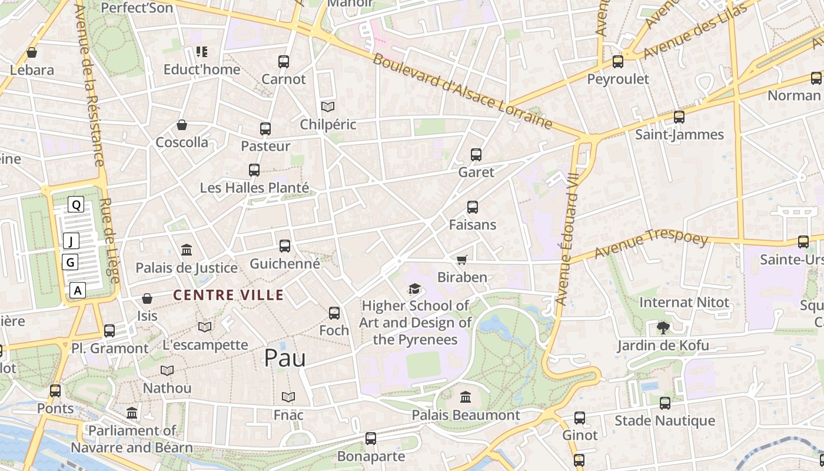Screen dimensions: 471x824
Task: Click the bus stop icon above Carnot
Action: (284, 61)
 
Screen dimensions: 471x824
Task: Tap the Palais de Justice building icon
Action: (187, 250)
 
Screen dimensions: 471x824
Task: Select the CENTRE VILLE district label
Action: (229, 295)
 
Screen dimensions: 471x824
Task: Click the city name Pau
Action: (285, 357)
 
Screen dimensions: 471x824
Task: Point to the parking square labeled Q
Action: (76, 205)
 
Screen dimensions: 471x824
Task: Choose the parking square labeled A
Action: (78, 290)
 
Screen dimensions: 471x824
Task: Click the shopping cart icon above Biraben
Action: (462, 260)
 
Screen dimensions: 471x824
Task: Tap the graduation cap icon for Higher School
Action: (415, 288)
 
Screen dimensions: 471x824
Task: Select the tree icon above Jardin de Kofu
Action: (663, 328)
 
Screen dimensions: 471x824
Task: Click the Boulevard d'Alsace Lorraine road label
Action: (463, 91)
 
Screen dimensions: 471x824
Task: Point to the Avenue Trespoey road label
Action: (651, 244)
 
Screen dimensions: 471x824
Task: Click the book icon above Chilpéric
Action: (328, 107)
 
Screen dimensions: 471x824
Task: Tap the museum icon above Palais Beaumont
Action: (466, 397)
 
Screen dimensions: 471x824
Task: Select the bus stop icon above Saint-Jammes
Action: (679, 117)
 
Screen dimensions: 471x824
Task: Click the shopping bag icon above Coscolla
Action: (182, 125)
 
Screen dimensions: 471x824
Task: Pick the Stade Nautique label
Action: (664, 420)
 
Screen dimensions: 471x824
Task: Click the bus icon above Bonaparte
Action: (370, 439)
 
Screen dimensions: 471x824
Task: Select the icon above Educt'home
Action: (202, 52)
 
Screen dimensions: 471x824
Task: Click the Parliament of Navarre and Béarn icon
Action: (132, 413)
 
